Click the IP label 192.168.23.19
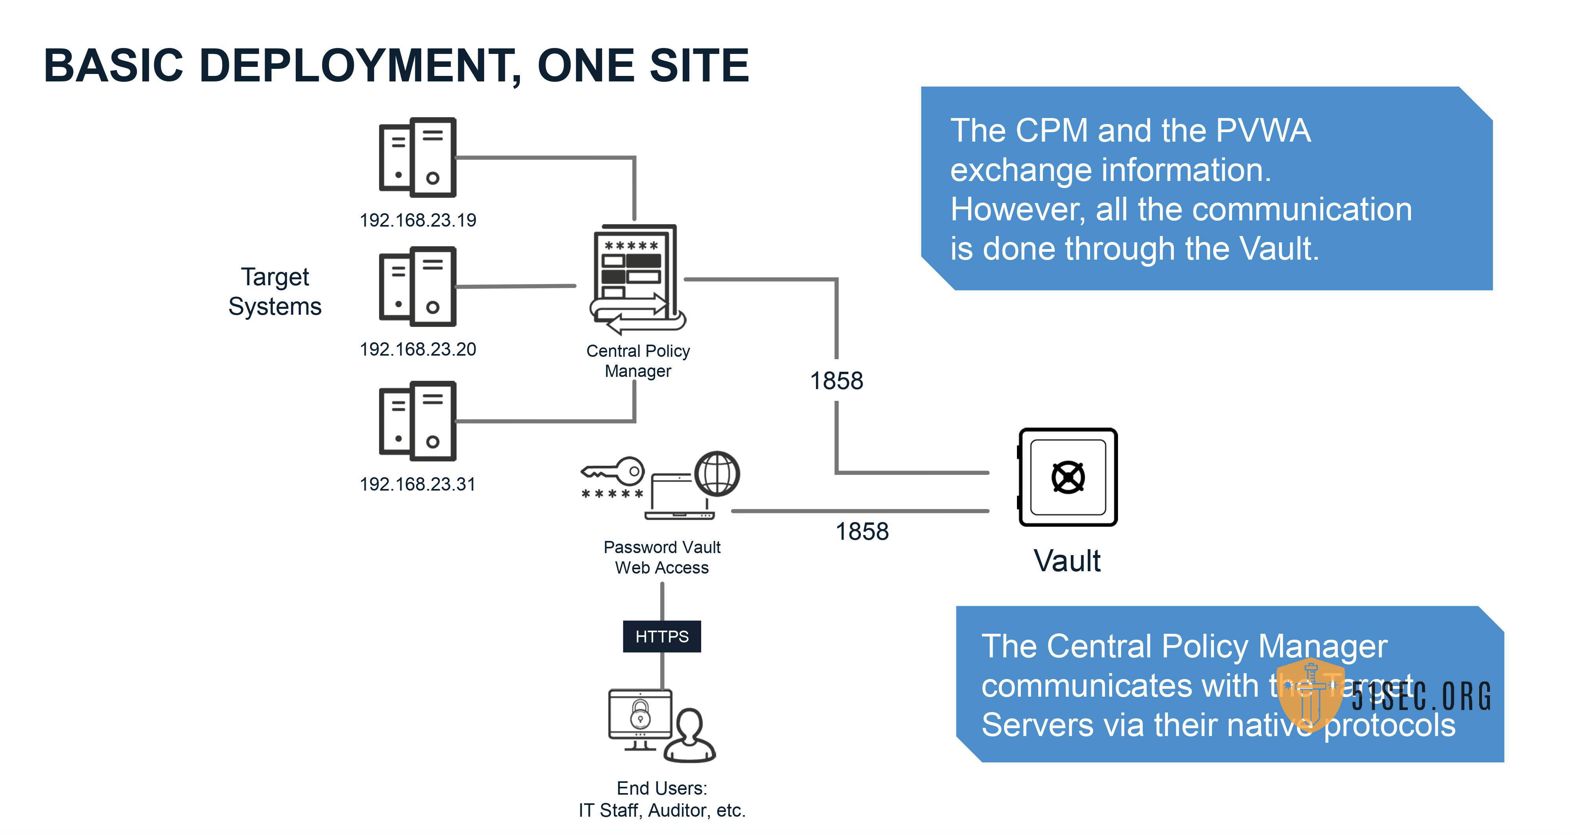(418, 220)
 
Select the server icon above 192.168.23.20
(418, 286)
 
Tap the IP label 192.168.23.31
(418, 484)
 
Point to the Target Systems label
(275, 292)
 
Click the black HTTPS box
(662, 637)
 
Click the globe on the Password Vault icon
(717, 474)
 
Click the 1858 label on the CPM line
(836, 381)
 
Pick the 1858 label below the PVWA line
(862, 531)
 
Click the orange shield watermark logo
(1310, 695)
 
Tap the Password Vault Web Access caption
(662, 557)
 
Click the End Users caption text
(662, 799)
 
